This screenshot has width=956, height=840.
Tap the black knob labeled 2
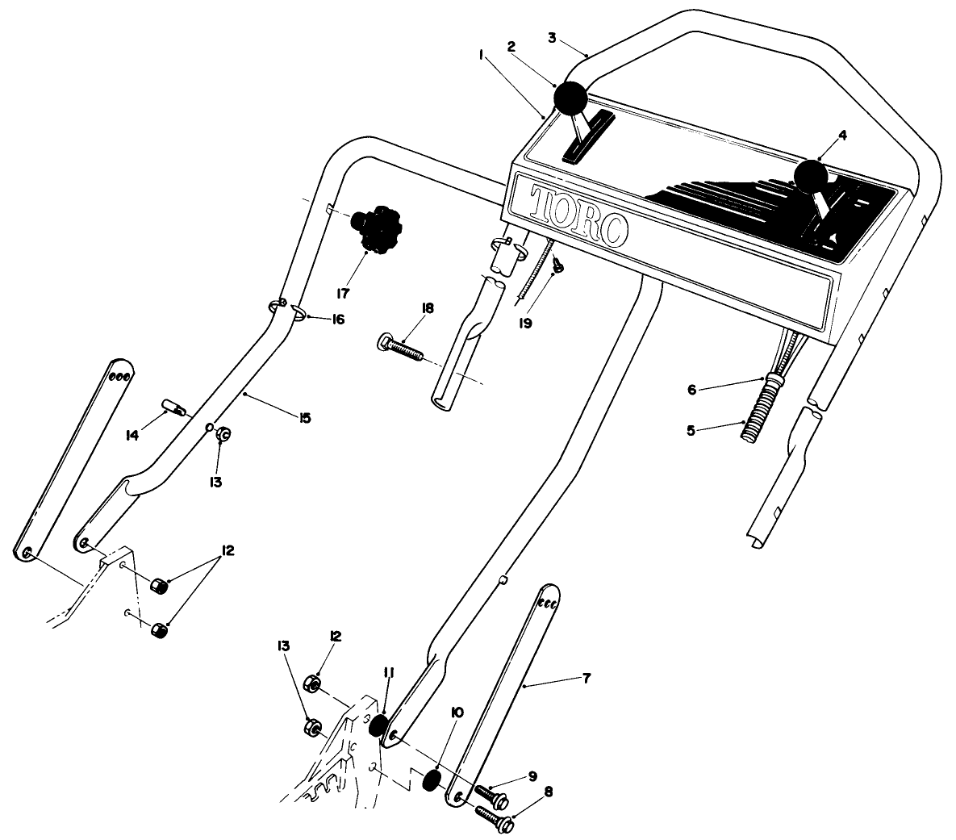point(570,99)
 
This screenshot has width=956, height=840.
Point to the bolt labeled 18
point(400,349)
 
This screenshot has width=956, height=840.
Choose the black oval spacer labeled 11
point(378,725)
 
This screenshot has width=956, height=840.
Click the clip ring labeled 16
point(295,313)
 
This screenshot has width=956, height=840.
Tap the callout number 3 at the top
point(551,38)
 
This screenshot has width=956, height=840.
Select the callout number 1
point(481,56)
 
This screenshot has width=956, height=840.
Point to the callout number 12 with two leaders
point(227,550)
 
